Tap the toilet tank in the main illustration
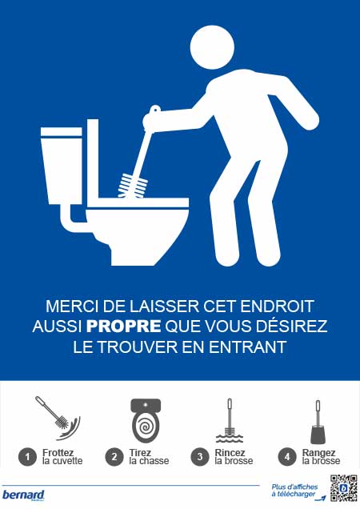click(x=62, y=169)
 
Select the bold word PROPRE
click(x=123, y=327)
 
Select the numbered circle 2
click(x=115, y=457)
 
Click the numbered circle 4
click(x=288, y=457)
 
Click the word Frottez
click(x=58, y=452)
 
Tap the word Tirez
click(x=140, y=452)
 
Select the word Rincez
click(x=229, y=452)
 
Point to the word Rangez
click(x=318, y=452)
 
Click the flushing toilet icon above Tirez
click(x=145, y=419)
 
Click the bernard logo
click(x=23, y=495)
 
